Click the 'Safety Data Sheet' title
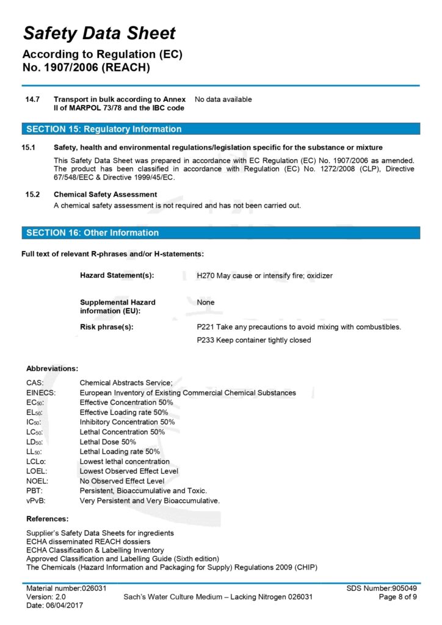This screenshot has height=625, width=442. coord(99,33)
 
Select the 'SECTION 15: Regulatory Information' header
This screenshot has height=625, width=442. coord(104,129)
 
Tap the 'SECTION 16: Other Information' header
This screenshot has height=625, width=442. coord(92,233)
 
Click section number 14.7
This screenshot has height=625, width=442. coord(32,99)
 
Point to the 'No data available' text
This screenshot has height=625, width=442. coord(223,99)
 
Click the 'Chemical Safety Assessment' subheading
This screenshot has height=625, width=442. coord(105,194)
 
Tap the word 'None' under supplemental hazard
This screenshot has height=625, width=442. coord(206,302)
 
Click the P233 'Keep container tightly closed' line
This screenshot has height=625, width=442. coord(253,340)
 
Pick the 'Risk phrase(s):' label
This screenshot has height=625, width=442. coord(106,327)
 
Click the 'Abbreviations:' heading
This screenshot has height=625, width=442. coord(52,369)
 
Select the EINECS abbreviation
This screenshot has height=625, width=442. coord(41,392)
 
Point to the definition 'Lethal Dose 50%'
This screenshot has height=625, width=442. coord(108,441)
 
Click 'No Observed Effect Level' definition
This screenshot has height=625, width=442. coord(122,481)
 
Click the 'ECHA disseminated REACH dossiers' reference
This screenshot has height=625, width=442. coord(88,541)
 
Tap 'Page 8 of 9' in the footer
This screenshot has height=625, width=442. coord(398,596)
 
